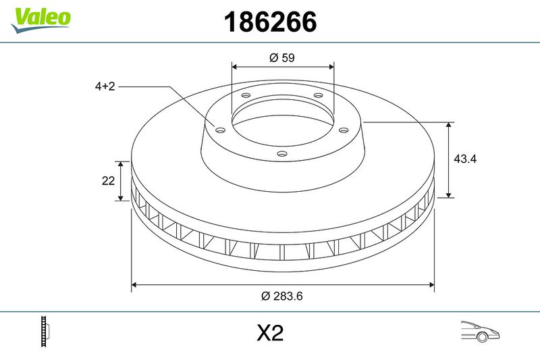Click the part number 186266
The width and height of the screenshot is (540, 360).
269,22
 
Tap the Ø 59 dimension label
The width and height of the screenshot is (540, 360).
282,58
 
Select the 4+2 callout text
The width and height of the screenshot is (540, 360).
105,86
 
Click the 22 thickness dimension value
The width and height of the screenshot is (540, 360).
107,180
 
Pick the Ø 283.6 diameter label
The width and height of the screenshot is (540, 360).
282,295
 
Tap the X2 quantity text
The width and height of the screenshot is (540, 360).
269,333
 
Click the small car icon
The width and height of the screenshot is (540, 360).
479,332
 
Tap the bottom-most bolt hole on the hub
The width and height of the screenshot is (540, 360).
282,154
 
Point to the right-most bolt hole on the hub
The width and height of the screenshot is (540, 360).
343,130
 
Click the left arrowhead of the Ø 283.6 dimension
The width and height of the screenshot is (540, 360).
134,285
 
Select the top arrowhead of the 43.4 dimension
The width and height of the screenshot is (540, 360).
450,126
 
